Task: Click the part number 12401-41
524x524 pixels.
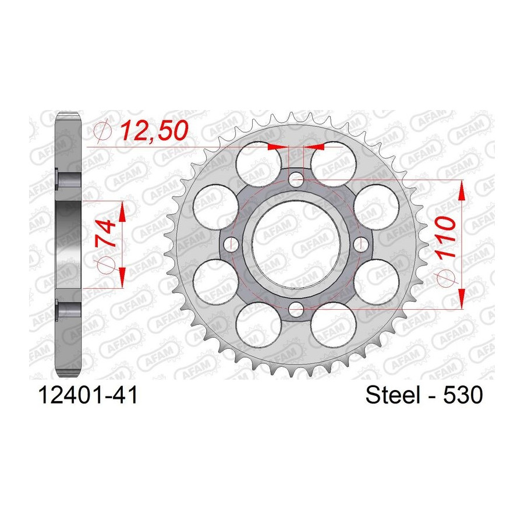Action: [88, 395]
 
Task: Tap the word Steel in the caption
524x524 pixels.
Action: [392, 395]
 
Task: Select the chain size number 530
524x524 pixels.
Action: [463, 395]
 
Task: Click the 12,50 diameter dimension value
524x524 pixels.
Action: [154, 130]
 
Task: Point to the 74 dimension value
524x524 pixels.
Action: [106, 233]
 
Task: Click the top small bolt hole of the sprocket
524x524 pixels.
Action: [296, 180]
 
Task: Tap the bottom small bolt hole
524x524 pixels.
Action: [296, 309]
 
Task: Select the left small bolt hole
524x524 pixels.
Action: [231, 245]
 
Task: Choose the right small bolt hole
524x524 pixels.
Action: [360, 245]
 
